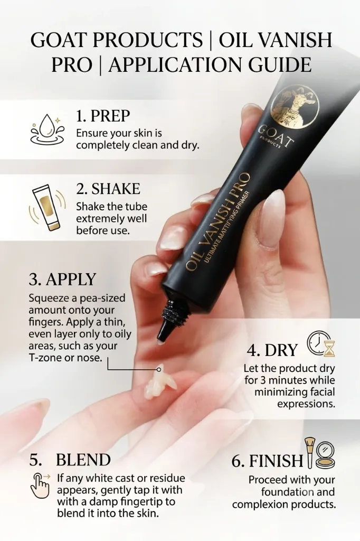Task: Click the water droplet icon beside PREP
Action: pos(47,130)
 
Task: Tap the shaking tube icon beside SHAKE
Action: pos(47,206)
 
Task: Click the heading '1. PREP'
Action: pos(103,116)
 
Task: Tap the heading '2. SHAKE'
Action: pos(108,189)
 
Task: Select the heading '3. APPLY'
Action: pos(62,279)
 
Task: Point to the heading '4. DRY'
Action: pos(272,350)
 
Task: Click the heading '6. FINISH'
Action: pos(267,461)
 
